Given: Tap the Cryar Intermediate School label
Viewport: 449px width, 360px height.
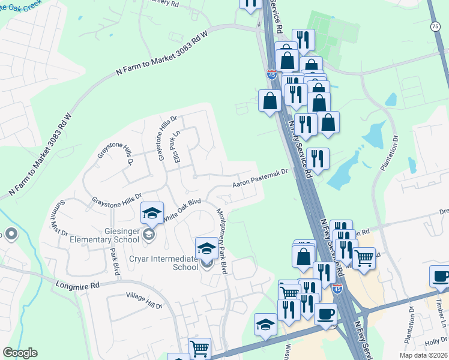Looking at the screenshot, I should point(164,262).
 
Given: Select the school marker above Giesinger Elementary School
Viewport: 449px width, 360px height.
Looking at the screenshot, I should point(152,213).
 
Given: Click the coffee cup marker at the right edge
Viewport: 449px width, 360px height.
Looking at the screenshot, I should point(441,276).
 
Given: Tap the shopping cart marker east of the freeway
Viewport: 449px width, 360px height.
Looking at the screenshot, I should point(364,258).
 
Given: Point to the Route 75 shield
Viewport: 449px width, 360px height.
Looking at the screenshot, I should point(435,26).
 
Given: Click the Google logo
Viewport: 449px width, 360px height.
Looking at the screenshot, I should point(20,353).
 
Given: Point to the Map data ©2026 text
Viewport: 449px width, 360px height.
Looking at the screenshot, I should point(423,355).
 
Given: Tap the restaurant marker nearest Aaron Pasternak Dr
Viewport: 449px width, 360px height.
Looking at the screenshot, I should point(318,158).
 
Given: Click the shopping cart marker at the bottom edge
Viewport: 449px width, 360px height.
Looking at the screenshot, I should point(199,348).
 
